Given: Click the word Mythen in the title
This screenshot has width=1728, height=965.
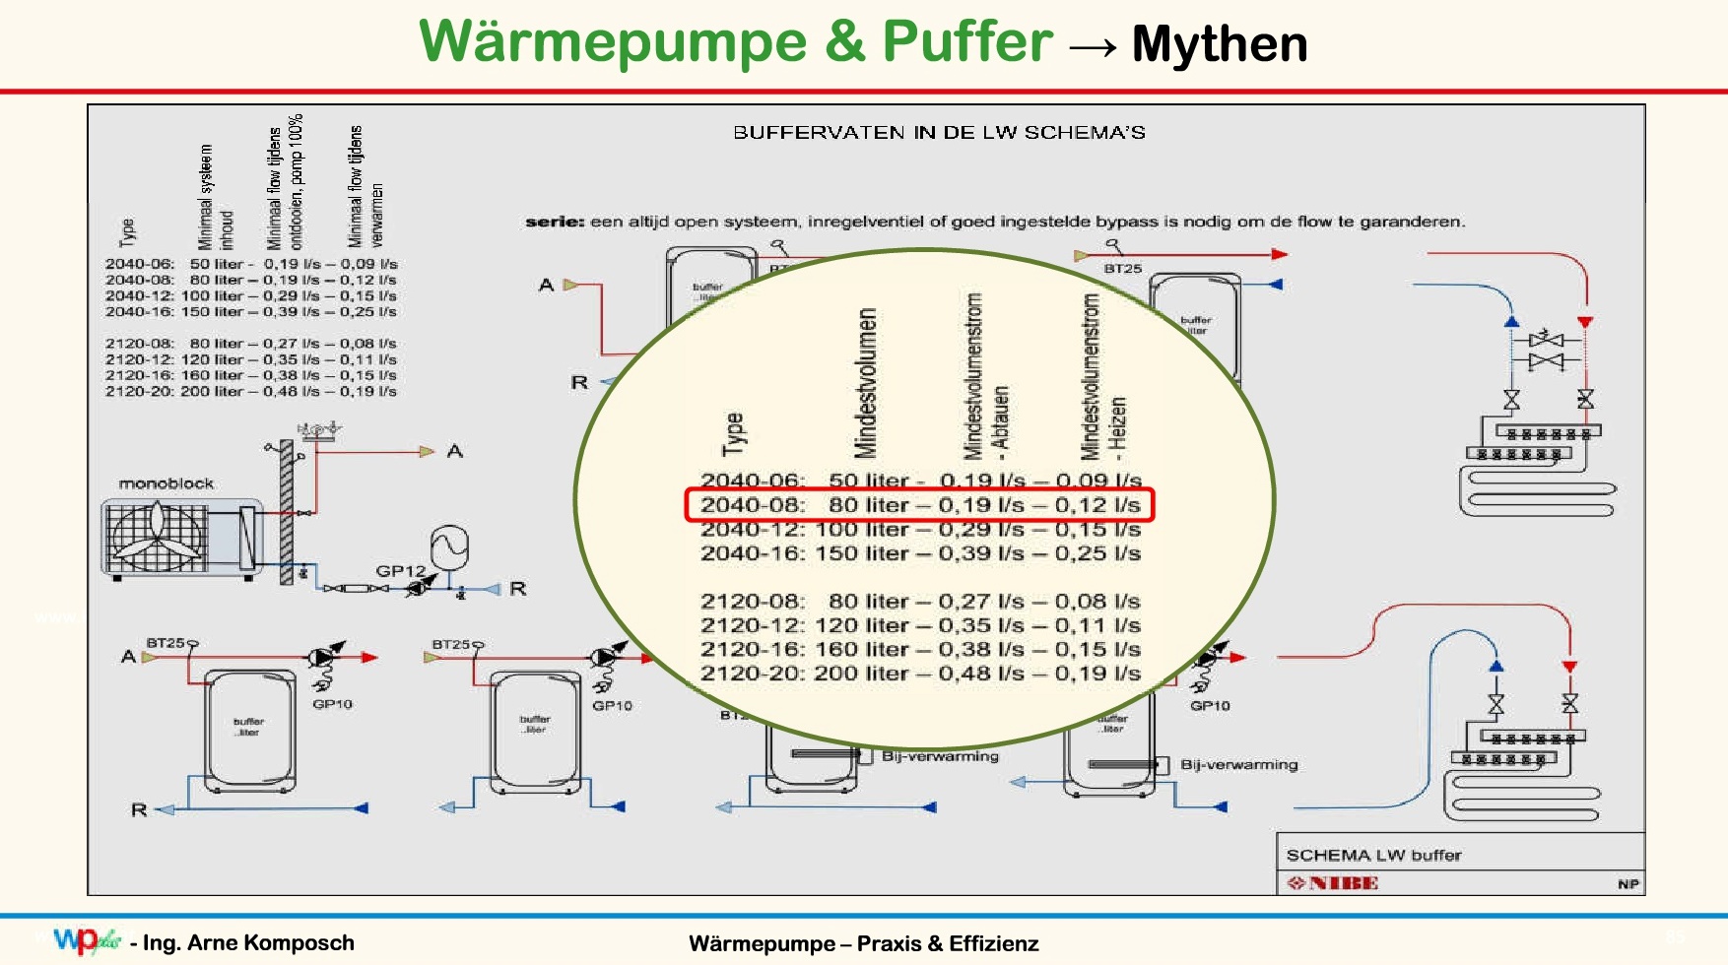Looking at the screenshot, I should point(1220,45).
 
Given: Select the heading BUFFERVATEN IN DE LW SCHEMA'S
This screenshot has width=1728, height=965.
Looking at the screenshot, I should point(939,133).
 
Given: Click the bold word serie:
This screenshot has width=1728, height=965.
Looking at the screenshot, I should point(555,222).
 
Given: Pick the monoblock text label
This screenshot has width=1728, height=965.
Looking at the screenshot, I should point(166,483).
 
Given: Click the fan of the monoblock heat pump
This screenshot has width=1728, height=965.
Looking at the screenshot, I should point(158,535).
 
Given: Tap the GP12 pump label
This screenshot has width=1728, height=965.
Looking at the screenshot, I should point(399,571).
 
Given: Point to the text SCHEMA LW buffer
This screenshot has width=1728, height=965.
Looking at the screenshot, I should point(1373,855).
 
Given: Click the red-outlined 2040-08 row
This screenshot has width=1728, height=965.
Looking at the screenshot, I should point(919,505).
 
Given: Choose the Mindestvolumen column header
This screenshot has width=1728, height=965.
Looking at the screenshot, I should point(865,384).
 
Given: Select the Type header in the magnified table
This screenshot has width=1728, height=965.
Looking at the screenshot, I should point(733,434).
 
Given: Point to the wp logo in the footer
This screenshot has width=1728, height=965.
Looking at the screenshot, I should point(85,940).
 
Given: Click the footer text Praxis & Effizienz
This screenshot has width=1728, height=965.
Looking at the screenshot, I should point(947,943).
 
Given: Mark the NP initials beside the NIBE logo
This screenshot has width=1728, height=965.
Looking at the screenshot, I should point(1628,884).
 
